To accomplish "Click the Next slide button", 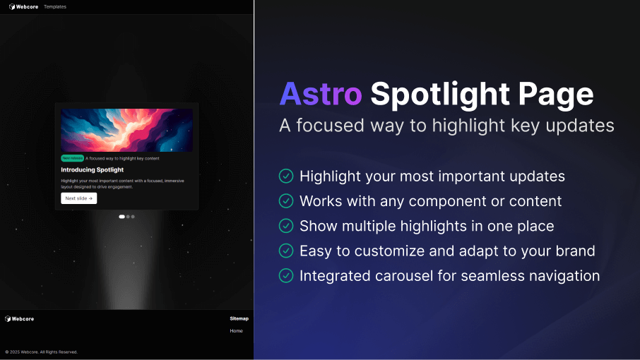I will (x=78, y=198).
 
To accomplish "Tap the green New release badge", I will (x=72, y=159).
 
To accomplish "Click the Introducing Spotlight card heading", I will (x=92, y=170).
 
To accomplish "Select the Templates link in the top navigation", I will (x=55, y=6).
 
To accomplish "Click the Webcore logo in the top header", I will (x=22, y=6).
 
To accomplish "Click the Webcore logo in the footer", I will (x=19, y=319).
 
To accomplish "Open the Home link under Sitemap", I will (x=236, y=331).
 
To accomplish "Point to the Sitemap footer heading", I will (x=239, y=318).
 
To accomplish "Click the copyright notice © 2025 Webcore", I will (x=41, y=352).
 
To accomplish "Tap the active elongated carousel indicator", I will (x=122, y=217).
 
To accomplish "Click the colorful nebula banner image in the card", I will (x=126, y=130).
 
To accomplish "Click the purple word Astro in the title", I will (x=321, y=94).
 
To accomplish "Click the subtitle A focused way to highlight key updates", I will (x=446, y=125).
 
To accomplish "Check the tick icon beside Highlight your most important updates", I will (x=286, y=176).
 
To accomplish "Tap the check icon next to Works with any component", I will (x=286, y=201).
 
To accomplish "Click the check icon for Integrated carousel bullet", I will (x=286, y=276).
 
